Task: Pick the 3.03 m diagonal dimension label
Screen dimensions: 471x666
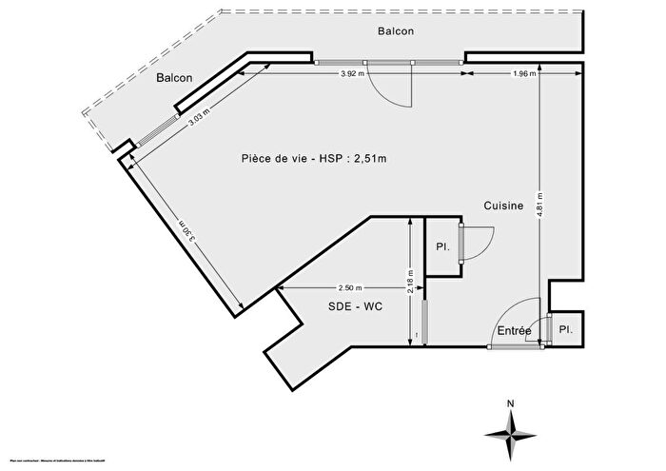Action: click(x=199, y=115)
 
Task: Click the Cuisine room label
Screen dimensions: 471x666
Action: click(x=503, y=205)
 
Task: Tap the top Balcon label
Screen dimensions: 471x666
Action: click(x=395, y=30)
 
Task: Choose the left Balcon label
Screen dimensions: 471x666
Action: click(x=175, y=78)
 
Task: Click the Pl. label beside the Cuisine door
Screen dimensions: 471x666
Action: click(x=441, y=246)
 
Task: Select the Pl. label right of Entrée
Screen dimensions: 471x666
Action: click(x=566, y=329)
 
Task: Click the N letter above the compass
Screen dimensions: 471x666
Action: click(x=511, y=403)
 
